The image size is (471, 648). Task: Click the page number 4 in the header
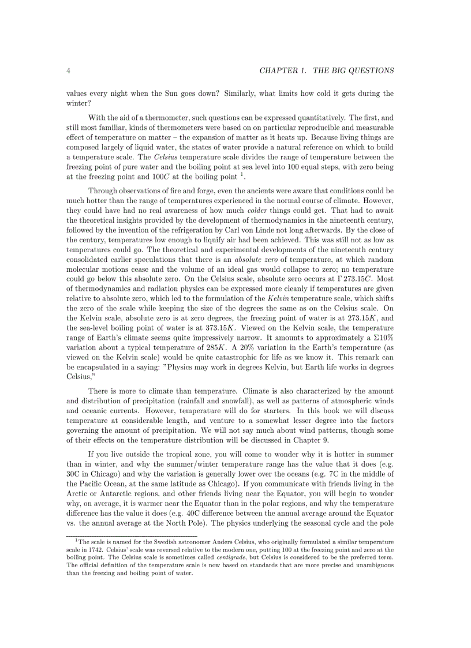tap(69, 71)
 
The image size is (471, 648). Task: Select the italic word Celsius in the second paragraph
tap(165, 158)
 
